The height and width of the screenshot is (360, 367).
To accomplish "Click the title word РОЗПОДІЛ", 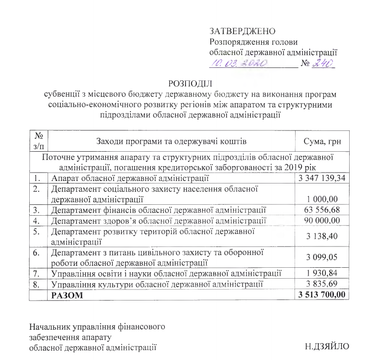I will click(190, 83).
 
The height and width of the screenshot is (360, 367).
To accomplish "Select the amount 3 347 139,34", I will click(322, 178).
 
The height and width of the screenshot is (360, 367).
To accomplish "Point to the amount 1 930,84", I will click(329, 273).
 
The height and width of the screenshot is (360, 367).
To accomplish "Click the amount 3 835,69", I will click(329, 284).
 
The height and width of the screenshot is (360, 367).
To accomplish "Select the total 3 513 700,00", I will click(322, 295).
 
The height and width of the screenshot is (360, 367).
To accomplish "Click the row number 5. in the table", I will click(36, 231).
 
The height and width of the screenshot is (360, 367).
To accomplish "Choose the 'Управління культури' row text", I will click(156, 284).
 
